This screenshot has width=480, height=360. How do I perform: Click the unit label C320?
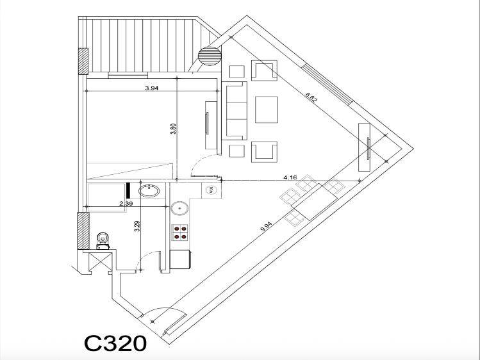pos(115,343)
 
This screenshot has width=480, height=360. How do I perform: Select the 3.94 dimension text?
pos(151,88)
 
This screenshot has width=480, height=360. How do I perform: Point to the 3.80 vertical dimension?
pos(173,129)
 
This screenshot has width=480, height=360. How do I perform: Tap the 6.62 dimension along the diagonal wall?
pos(311,98)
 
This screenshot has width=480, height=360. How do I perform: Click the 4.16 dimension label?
pos(289,176)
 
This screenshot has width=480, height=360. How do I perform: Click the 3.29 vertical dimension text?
pos(137,227)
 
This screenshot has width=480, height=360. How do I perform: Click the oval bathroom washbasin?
pos(150,190)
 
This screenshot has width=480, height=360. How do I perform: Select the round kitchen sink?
pos(179,208)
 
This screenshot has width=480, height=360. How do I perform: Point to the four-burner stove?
pos(180,232)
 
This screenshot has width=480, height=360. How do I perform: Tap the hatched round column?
pos(209,56)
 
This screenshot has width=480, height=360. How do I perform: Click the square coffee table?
pos(267,109)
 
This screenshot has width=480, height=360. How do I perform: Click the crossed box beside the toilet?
pos(100,262)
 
